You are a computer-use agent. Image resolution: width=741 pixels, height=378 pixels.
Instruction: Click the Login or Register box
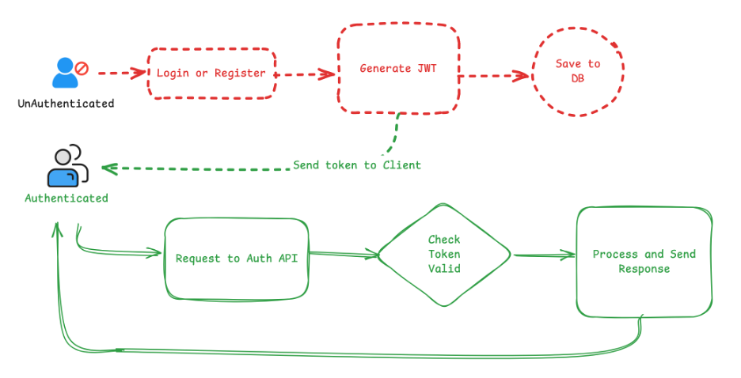point(211,74)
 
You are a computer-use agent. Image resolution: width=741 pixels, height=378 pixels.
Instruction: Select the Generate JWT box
point(398,69)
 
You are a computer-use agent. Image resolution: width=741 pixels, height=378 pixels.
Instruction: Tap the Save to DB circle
point(578,71)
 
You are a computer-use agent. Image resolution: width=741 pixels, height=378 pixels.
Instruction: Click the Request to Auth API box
point(237,259)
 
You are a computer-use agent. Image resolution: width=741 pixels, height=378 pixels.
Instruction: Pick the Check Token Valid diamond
point(444,254)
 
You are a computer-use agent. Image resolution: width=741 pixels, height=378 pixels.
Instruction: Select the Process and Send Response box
point(644,262)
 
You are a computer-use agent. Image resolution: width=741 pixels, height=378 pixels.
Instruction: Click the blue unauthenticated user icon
point(64,73)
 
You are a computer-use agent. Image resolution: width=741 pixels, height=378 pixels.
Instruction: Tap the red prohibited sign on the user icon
point(81,68)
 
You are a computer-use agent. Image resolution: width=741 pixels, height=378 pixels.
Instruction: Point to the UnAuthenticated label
point(66,104)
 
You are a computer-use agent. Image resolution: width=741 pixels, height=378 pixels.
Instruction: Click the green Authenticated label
point(66,198)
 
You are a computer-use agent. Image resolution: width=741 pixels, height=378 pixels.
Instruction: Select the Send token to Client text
point(357,165)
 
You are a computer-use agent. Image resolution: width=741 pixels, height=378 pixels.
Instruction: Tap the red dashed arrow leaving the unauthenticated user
point(123,74)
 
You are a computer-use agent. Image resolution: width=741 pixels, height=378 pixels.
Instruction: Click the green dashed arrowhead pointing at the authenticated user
point(108,168)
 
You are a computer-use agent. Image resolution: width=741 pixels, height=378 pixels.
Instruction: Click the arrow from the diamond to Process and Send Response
point(544,255)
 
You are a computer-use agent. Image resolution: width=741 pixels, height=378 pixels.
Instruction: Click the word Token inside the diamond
point(444,254)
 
